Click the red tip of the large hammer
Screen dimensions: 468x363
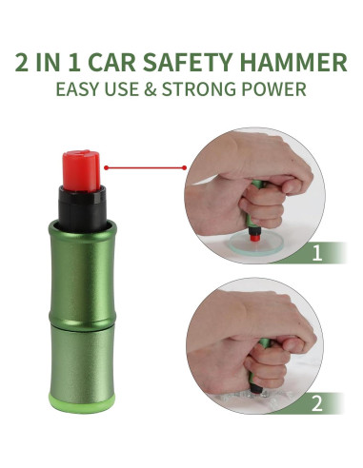tap(79, 167)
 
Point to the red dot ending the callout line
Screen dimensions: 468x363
tap(106, 166)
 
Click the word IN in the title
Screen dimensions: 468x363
tap(53, 65)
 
